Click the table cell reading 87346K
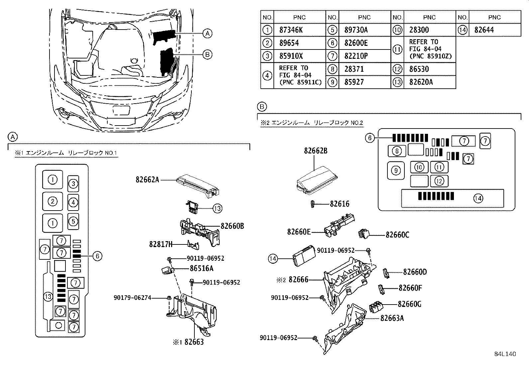291,30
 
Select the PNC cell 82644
484,30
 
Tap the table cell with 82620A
421,82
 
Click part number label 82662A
147,180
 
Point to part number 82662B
315,150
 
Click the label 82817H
161,245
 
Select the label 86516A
202,268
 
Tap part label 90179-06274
132,298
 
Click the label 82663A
392,318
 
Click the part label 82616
340,204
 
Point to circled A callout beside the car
207,33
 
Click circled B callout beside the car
207,55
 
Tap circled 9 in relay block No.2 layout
396,171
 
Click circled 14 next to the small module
273,258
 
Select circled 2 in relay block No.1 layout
53,201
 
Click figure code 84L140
504,354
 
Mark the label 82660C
397,235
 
